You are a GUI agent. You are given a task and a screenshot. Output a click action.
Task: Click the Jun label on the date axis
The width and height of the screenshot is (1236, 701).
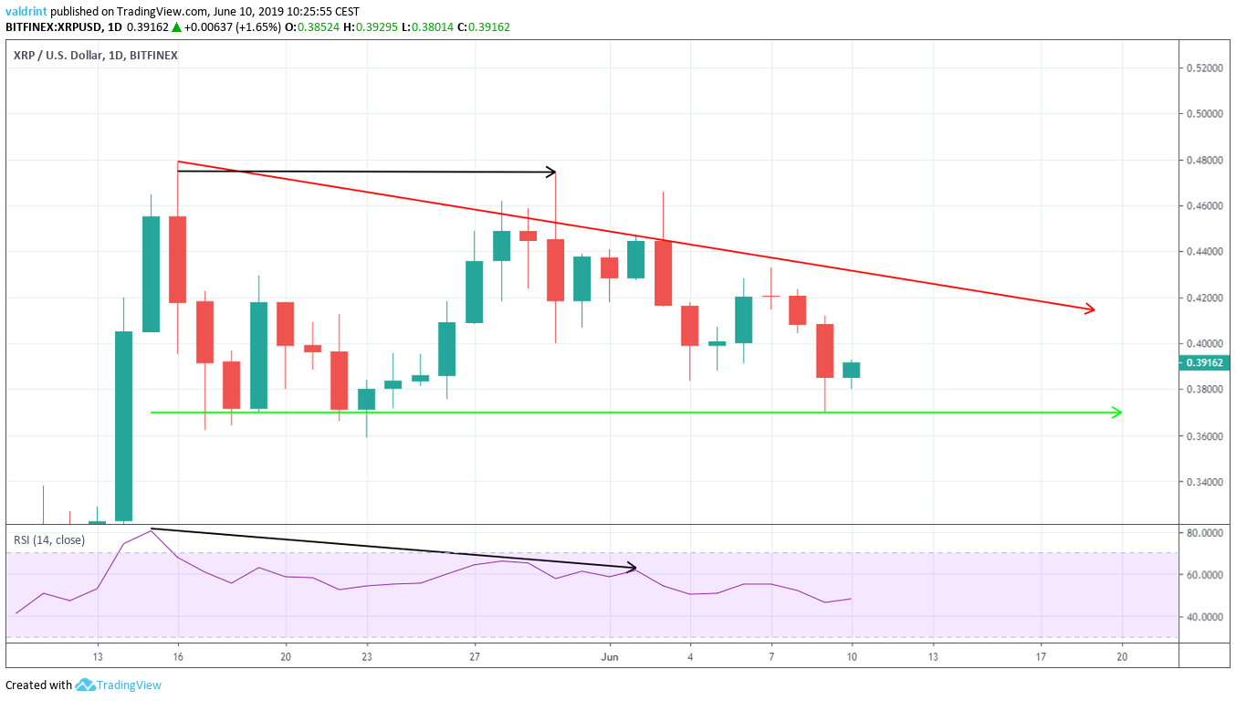pyautogui.click(x=611, y=656)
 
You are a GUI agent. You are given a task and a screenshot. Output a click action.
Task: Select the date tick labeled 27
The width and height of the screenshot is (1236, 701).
pyautogui.click(x=475, y=656)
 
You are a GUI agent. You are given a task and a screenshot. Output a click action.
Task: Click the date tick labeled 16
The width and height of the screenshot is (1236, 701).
pyautogui.click(x=177, y=656)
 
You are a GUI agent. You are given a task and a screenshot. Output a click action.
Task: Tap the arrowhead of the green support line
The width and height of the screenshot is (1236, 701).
pyautogui.click(x=1116, y=413)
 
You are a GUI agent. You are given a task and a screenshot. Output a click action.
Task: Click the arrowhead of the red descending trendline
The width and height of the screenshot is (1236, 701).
pyautogui.click(x=1088, y=310)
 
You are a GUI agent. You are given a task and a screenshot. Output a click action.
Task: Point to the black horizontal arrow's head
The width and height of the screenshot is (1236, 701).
pyautogui.click(x=550, y=172)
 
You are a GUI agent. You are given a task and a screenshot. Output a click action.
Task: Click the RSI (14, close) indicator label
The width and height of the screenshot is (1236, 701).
pyautogui.click(x=49, y=539)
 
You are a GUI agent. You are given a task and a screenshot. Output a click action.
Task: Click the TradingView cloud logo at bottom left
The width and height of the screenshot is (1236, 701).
pyautogui.click(x=86, y=685)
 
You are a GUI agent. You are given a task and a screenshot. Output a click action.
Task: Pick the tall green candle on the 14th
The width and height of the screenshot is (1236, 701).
pyautogui.click(x=123, y=425)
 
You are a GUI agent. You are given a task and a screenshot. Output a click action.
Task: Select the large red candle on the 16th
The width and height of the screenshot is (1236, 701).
pyautogui.click(x=177, y=259)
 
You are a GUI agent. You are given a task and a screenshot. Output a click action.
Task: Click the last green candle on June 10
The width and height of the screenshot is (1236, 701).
pyautogui.click(x=851, y=370)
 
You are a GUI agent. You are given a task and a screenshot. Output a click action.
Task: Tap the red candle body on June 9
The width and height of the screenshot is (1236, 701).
pyautogui.click(x=824, y=350)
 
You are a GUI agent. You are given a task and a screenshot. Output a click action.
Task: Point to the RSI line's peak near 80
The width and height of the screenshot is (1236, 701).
pyautogui.click(x=151, y=529)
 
